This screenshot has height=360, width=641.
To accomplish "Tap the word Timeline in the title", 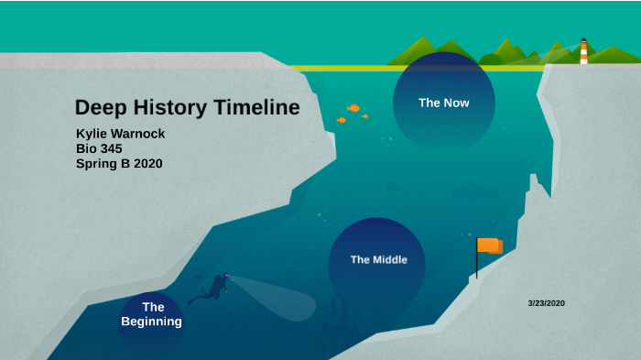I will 256,108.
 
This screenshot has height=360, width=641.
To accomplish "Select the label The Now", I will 444,103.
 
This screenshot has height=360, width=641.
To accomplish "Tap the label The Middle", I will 378,259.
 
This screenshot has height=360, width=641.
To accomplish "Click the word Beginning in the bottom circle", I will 152,322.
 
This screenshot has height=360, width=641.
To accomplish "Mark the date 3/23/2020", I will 547,302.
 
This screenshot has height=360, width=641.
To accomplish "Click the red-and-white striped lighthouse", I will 583,51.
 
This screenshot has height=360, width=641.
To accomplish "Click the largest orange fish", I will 353,108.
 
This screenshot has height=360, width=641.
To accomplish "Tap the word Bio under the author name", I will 86,148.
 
